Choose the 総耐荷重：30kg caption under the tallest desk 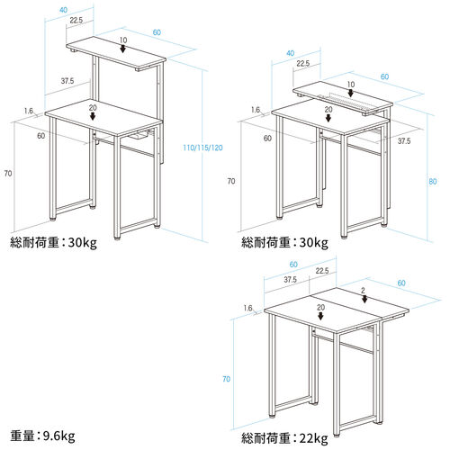click(x=54, y=242)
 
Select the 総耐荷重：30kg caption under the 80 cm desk click(x=284, y=242)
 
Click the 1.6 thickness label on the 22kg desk click(x=247, y=307)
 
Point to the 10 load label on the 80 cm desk click(x=351, y=84)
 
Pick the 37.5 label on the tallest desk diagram click(x=67, y=81)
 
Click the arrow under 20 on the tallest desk click(x=94, y=117)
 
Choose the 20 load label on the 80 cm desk click(x=328, y=109)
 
